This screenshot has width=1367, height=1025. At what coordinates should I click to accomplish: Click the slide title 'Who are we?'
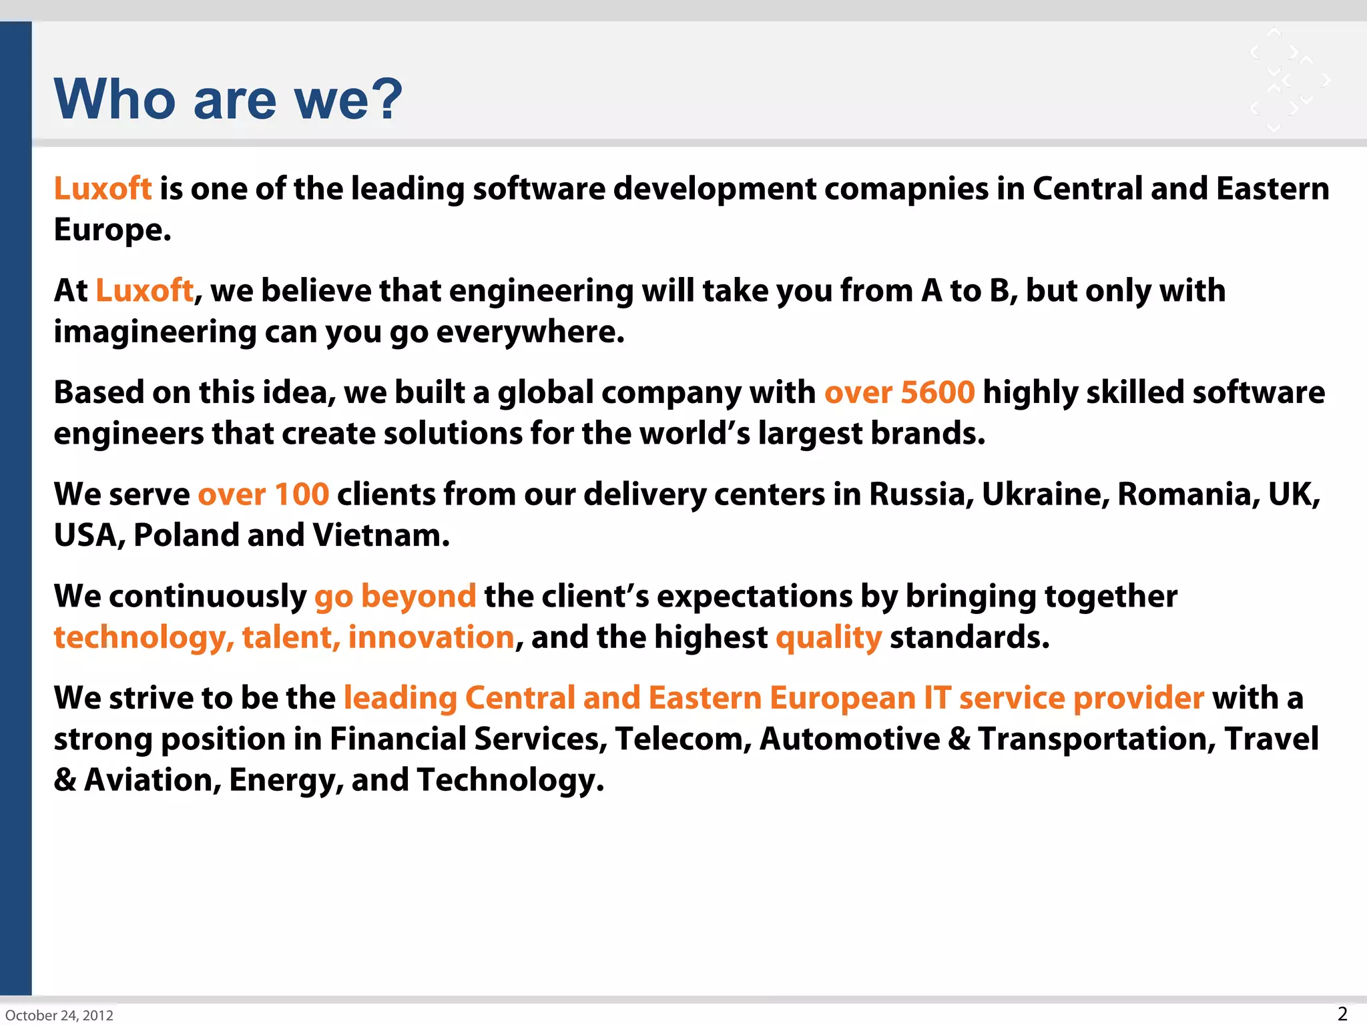point(228,99)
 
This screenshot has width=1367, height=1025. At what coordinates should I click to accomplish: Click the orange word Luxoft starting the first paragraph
point(103,189)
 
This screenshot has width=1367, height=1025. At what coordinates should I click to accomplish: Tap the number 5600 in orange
point(937,392)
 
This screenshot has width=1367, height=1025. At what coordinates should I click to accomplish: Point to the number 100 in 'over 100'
point(302,494)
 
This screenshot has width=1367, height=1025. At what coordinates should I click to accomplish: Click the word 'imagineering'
point(155,332)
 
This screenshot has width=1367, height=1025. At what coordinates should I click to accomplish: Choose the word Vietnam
point(380,535)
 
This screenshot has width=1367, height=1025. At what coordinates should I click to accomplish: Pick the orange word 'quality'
point(828,638)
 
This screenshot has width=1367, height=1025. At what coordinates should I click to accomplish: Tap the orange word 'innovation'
point(431,637)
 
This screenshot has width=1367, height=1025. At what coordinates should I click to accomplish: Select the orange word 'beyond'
point(419,597)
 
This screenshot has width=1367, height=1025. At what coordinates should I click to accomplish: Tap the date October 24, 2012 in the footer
point(59,1015)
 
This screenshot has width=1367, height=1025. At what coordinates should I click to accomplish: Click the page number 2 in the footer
point(1342,1014)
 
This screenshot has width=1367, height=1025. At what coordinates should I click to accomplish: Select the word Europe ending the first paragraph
point(111,230)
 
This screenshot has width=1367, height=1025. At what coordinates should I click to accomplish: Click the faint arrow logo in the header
point(1288,80)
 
